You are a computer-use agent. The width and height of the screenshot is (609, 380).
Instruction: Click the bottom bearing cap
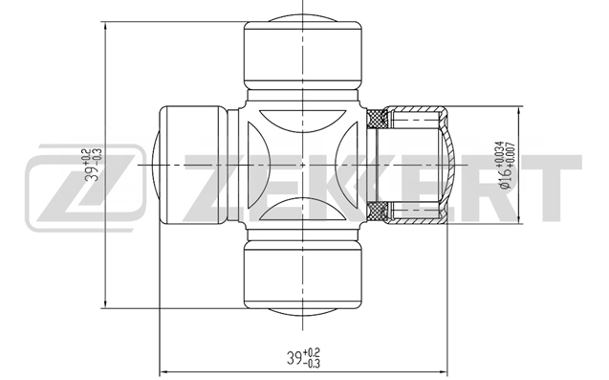pyautogui.click(x=303, y=277)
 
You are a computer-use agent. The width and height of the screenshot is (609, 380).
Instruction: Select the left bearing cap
pyautogui.click(x=190, y=166)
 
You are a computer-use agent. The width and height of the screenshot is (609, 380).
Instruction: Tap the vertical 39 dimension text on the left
pyautogui.click(x=94, y=165)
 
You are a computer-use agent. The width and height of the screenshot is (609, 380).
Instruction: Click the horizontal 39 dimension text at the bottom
pyautogui.click(x=303, y=358)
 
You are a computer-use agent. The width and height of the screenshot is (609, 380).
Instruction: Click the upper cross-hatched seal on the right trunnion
pyautogui.click(x=378, y=119)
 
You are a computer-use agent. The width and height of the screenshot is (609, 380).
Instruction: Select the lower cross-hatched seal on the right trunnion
pyautogui.click(x=378, y=212)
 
